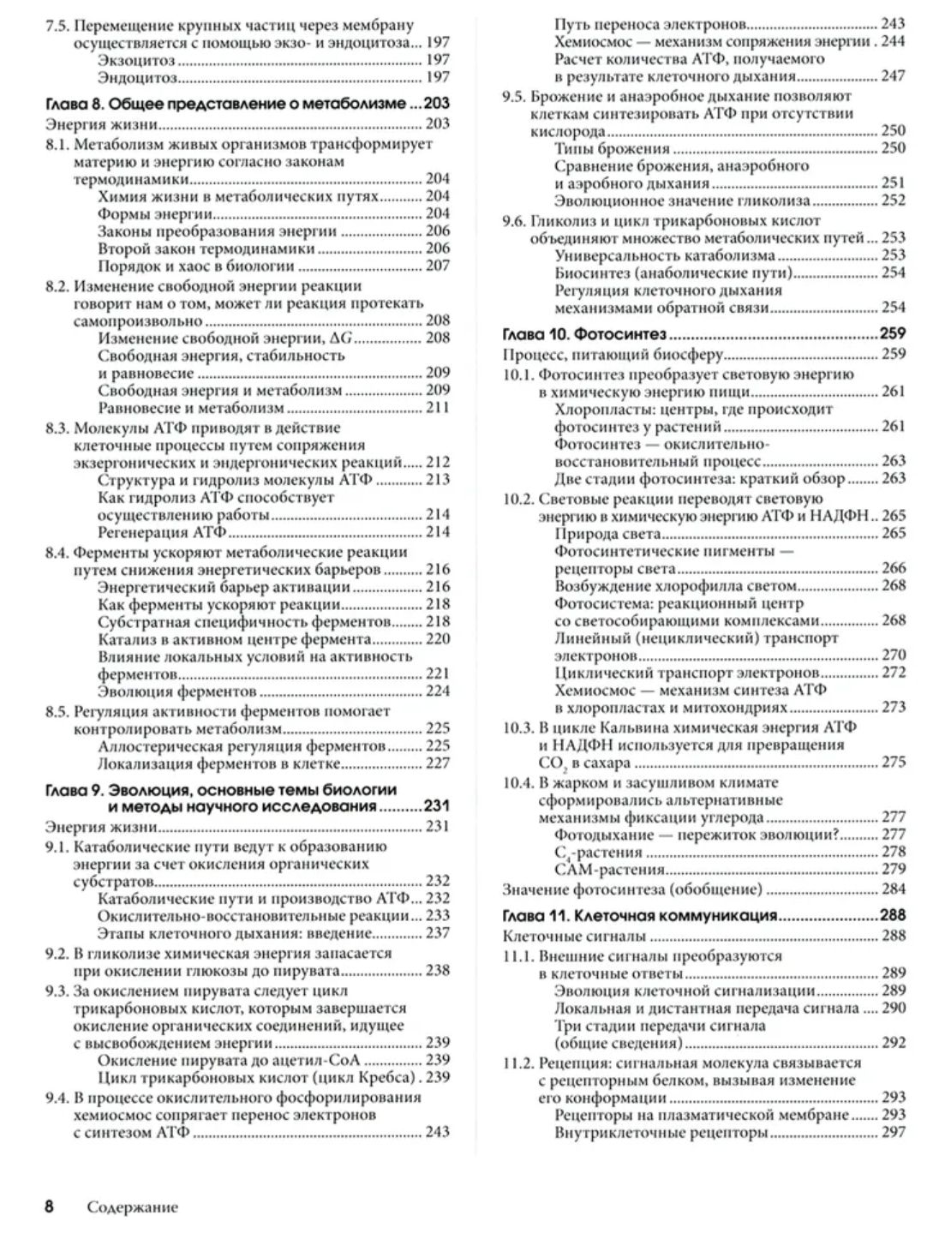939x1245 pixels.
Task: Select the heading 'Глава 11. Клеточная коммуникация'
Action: [x=639, y=915]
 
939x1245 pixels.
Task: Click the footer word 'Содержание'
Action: [x=132, y=1207]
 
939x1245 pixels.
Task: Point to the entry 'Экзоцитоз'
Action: [x=136, y=60]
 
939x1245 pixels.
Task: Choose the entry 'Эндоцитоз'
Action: [x=137, y=78]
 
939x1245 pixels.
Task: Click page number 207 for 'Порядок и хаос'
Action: [x=437, y=266]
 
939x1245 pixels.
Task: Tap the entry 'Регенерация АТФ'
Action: [x=154, y=532]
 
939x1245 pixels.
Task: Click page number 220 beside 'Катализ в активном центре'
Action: [x=437, y=639]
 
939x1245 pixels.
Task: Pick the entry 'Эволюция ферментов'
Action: [x=177, y=691]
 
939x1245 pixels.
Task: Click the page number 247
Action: [x=893, y=76]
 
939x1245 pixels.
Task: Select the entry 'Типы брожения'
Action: [x=612, y=148]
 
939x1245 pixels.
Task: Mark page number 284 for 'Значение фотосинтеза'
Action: [x=893, y=889]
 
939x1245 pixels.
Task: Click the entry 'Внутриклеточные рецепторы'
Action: [x=661, y=1134]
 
